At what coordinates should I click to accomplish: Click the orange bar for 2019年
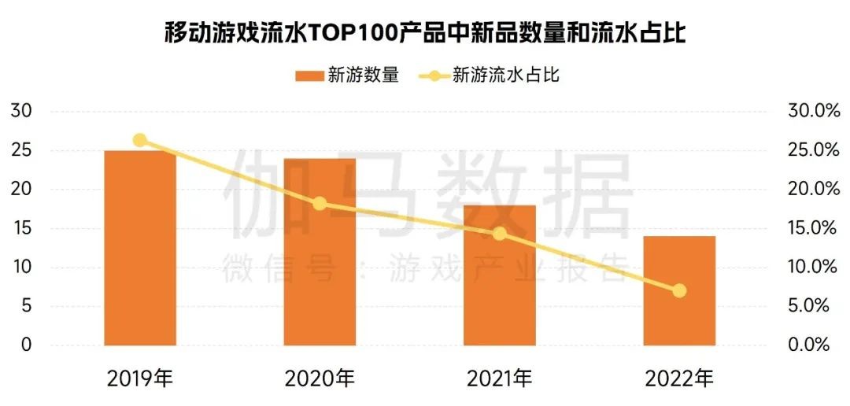click(140, 248)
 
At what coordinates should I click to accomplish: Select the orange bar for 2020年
click(320, 252)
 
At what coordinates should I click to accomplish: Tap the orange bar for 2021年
click(499, 275)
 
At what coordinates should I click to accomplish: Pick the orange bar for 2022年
click(679, 290)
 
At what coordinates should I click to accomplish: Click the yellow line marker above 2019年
click(140, 140)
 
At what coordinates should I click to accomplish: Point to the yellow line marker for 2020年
click(320, 204)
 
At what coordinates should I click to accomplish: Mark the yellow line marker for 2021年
click(499, 234)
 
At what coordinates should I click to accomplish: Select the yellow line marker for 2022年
click(679, 290)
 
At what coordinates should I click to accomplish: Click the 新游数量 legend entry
click(347, 76)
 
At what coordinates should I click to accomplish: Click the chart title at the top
click(425, 33)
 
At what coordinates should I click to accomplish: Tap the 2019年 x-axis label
click(140, 378)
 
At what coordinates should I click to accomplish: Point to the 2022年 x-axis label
click(679, 378)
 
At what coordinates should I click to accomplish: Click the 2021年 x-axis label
click(499, 378)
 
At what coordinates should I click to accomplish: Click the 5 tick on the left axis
click(25, 306)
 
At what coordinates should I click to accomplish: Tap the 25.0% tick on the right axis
click(813, 150)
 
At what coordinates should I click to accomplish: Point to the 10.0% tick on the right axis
click(813, 268)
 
